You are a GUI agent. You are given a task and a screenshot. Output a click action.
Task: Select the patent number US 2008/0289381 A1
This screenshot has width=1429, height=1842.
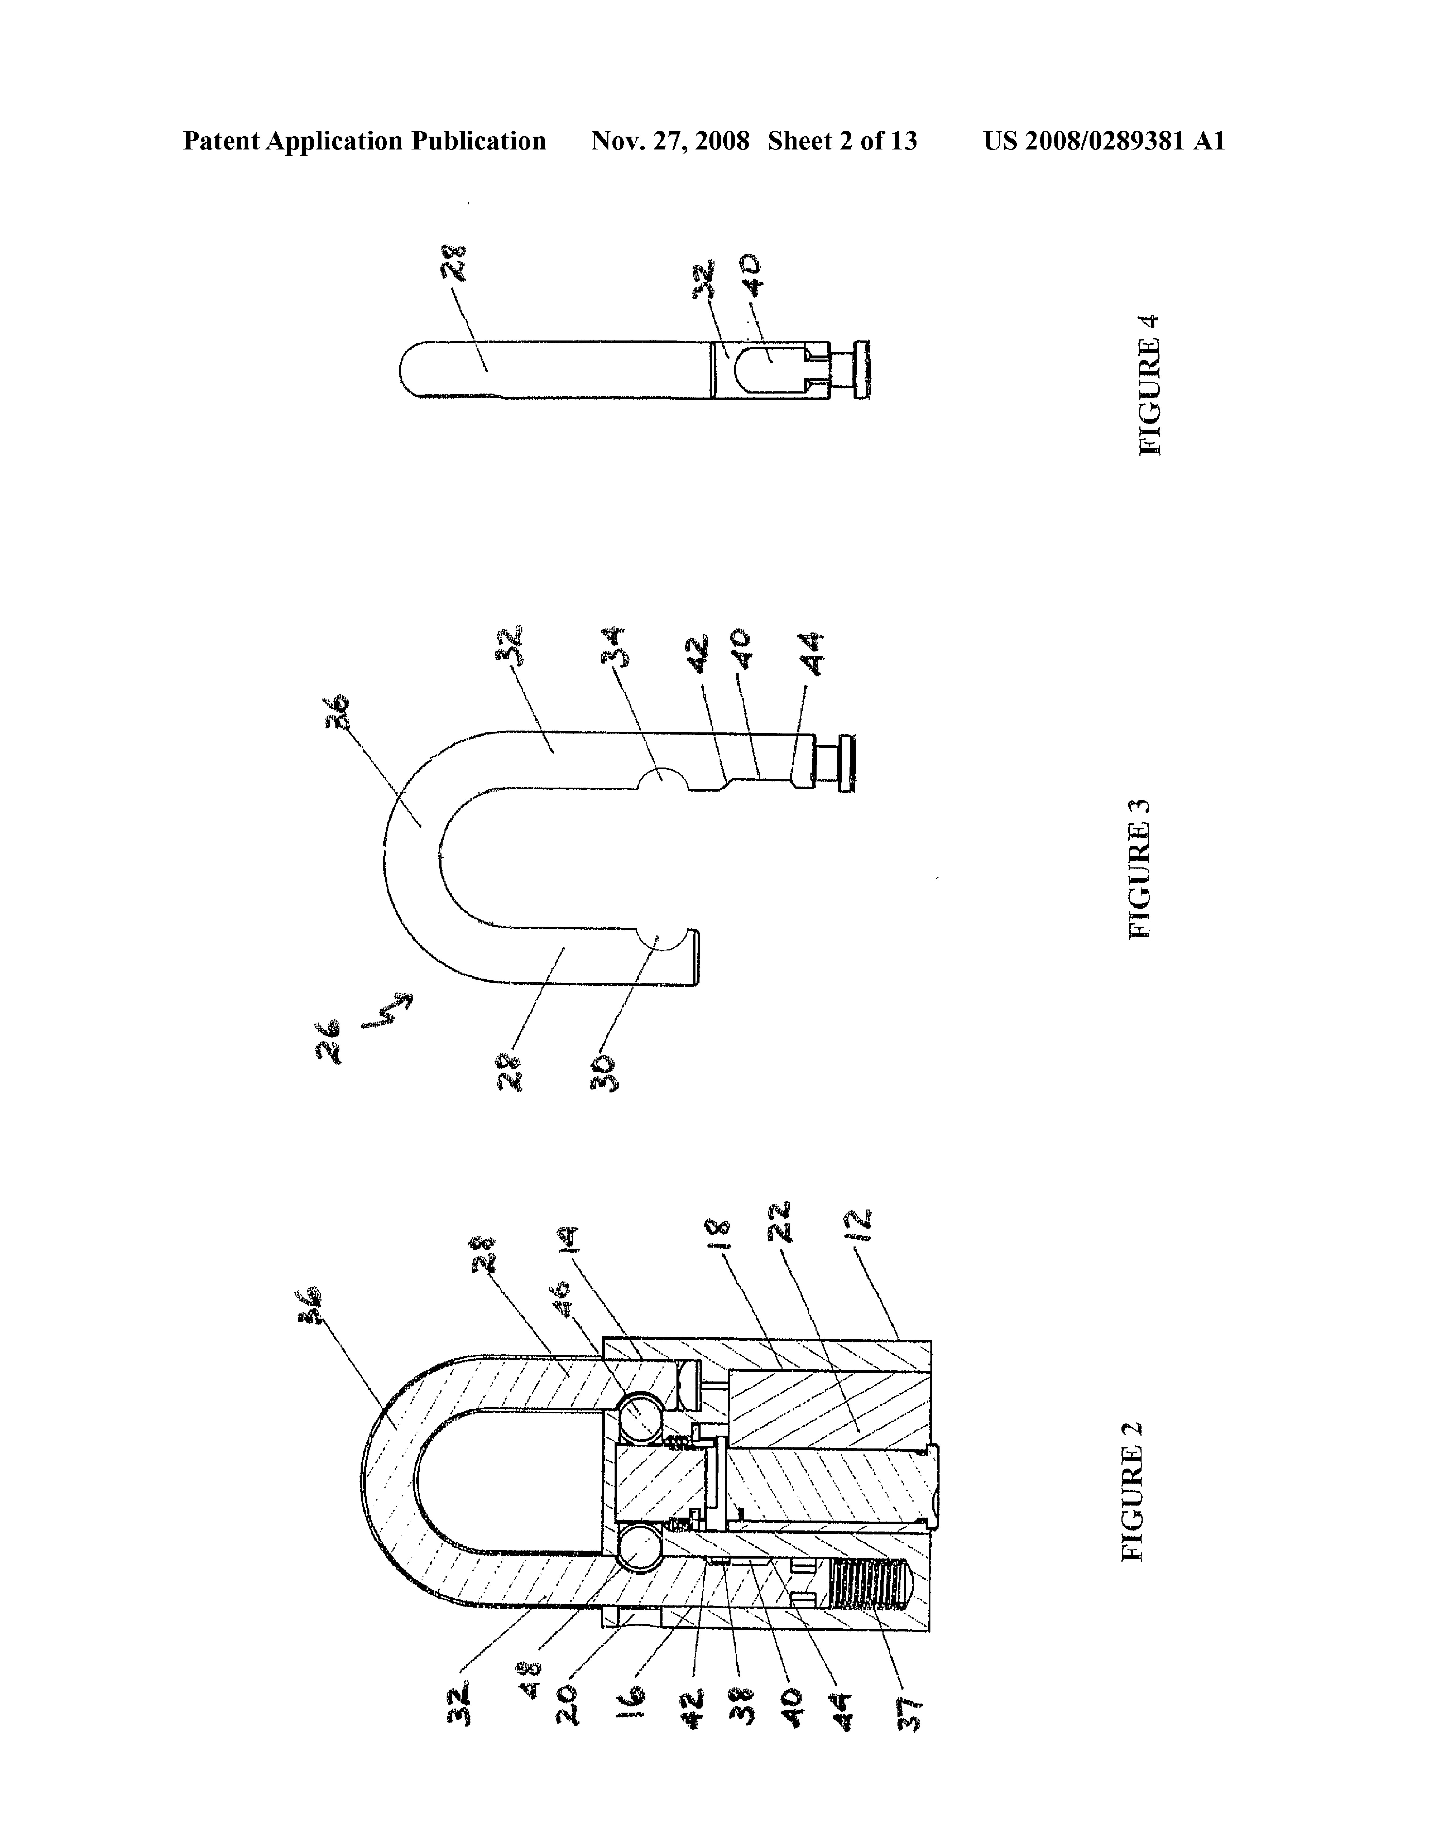coord(1104,141)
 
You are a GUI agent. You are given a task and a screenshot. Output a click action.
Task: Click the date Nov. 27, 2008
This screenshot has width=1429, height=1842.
coord(671,141)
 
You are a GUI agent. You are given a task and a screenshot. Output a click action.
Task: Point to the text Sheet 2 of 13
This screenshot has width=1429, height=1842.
coord(842,141)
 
